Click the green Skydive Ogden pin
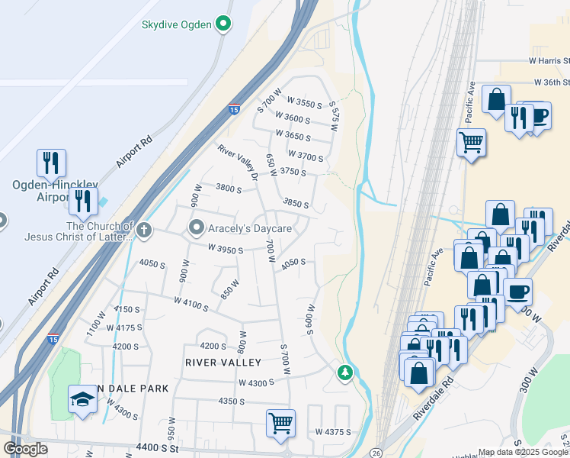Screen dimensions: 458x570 tap(223, 24)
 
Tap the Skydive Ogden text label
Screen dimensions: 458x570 tap(176, 24)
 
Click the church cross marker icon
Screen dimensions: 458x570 tap(143, 228)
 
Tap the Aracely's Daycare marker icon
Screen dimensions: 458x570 tap(197, 228)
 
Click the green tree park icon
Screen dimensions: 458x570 tap(345, 373)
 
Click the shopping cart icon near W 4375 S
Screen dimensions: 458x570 tap(280, 421)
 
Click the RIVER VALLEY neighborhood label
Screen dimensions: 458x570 tap(223, 363)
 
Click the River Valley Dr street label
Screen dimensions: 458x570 tap(239, 163)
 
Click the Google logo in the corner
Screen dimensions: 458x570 tap(25, 449)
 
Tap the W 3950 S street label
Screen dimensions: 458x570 tap(225, 249)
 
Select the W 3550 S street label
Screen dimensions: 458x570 tap(305, 102)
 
